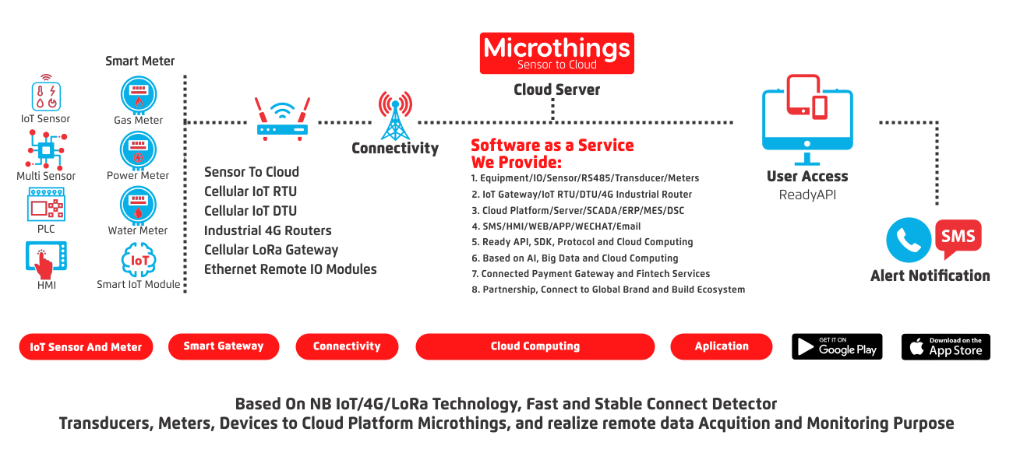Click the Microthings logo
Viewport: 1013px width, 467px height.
pos(556,53)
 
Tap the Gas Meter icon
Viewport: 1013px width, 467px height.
pos(138,96)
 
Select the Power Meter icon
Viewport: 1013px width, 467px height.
pos(138,150)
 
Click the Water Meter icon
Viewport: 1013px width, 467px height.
pos(138,205)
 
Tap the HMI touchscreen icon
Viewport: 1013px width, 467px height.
pos(46,260)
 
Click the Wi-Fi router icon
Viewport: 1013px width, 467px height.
pos(282,118)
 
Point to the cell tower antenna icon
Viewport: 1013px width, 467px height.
pos(395,115)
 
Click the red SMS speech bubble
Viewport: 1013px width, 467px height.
pos(958,238)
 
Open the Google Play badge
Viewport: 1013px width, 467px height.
pos(837,346)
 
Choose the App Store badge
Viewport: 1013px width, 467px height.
pos(946,346)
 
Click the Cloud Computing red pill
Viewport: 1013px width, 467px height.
pos(535,346)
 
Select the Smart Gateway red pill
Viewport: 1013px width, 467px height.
pos(224,346)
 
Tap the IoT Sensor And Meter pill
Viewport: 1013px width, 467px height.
pos(86,347)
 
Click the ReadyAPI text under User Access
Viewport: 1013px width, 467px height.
pos(807,195)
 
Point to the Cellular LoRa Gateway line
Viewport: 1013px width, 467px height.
pos(271,250)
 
